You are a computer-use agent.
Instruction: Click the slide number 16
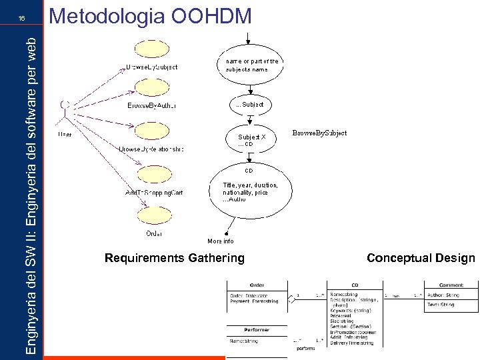click(x=22, y=19)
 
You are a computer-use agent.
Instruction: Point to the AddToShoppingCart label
click(x=154, y=193)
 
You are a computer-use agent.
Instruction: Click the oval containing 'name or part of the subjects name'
click(x=249, y=65)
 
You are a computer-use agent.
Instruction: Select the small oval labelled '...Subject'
click(x=249, y=105)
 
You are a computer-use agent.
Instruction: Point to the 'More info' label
click(x=221, y=241)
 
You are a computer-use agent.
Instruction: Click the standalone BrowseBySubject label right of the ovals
click(x=320, y=133)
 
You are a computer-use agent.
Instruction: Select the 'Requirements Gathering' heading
click(x=175, y=258)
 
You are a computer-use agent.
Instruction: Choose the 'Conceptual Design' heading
click(x=421, y=258)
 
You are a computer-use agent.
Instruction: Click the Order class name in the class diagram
click(x=257, y=285)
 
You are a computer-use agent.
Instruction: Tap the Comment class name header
click(x=451, y=285)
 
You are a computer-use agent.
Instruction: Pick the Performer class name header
click(x=257, y=329)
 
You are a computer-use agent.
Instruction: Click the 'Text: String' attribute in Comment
click(x=441, y=305)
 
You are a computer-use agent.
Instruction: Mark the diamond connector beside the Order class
click(x=291, y=300)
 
